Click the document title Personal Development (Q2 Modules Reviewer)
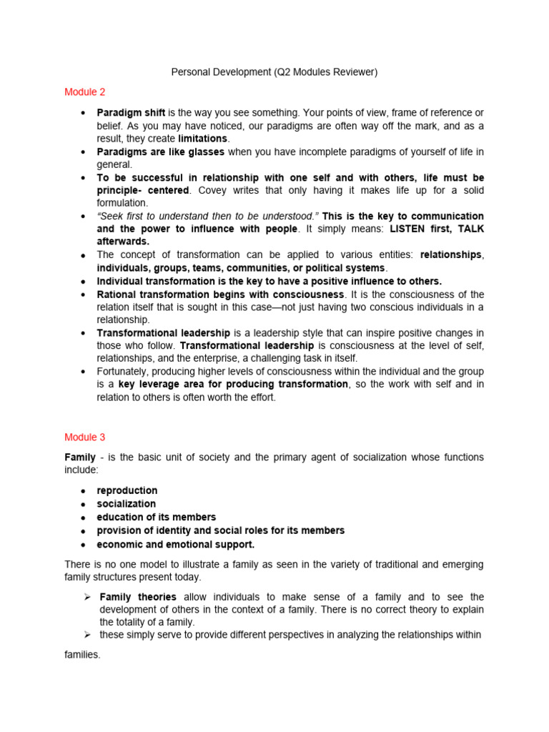tap(274, 72)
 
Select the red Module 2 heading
tap(85, 92)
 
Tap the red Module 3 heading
tap(85, 437)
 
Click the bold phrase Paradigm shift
tap(131, 113)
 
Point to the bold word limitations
tap(203, 139)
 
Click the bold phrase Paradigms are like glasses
tap(161, 152)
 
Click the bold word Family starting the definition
tap(80, 457)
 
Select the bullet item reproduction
tap(127, 490)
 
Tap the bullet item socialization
tap(127, 504)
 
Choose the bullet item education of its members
tap(157, 517)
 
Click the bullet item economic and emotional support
tap(176, 544)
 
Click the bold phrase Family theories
tap(138, 597)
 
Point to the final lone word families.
tap(82, 655)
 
